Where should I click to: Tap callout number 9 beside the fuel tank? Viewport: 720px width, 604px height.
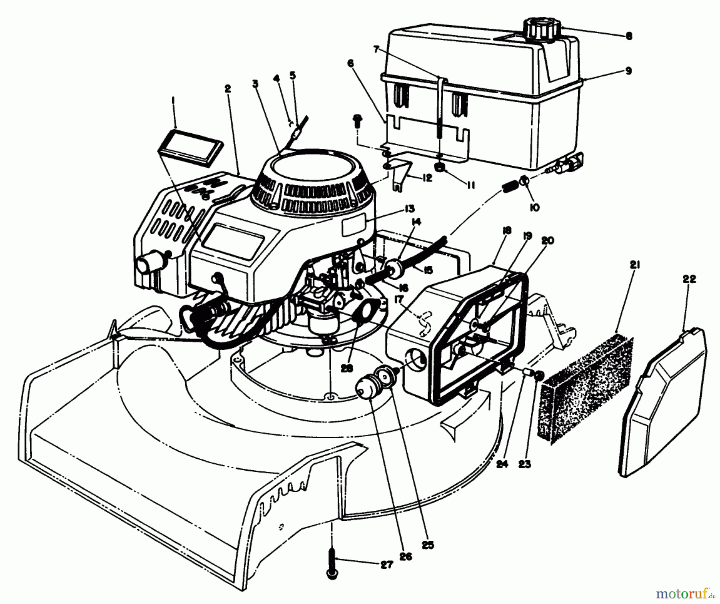(628, 71)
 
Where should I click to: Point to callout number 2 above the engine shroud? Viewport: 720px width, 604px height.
(228, 88)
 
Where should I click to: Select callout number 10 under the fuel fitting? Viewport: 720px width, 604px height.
(535, 207)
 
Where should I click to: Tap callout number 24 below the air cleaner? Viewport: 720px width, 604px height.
(502, 464)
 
